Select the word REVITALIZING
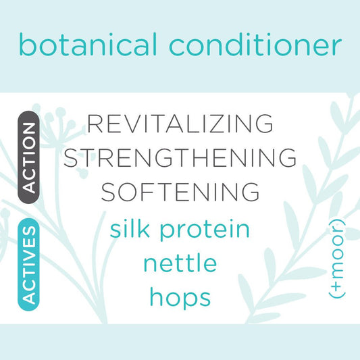(180, 124)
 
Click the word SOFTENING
(180, 191)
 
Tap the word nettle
(180, 263)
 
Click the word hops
(180, 298)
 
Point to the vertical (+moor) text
(336, 259)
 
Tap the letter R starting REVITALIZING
(97, 124)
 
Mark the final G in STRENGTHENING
(286, 157)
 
